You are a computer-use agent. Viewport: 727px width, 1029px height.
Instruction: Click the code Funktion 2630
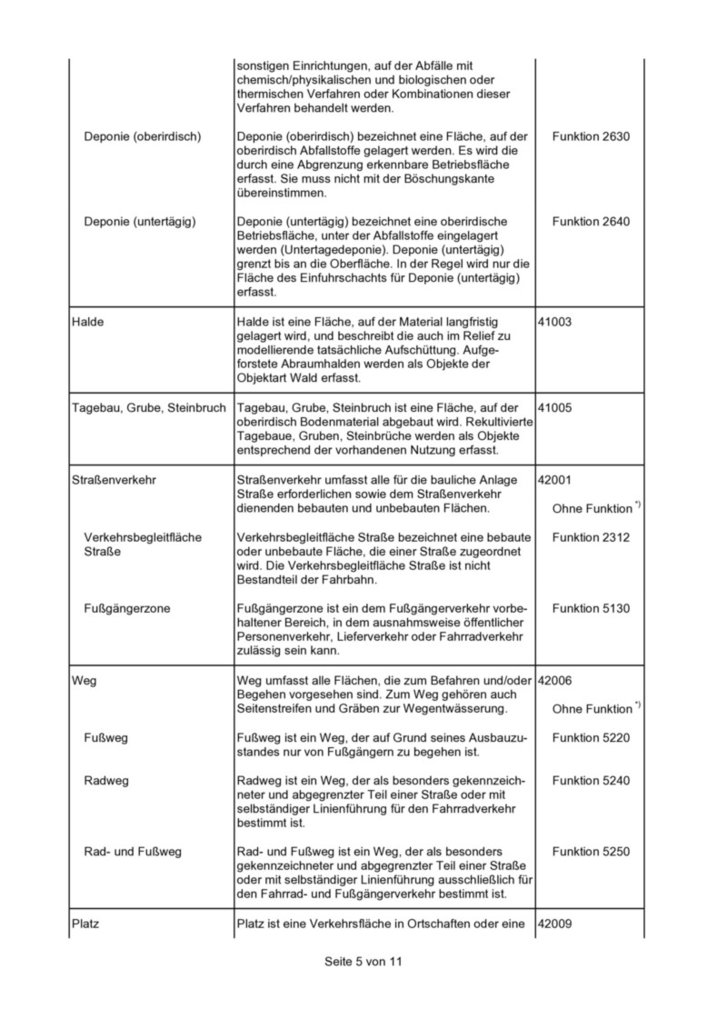click(x=591, y=136)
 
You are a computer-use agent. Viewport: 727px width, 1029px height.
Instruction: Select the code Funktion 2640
click(x=591, y=222)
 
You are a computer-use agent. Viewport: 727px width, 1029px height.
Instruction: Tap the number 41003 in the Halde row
click(x=555, y=322)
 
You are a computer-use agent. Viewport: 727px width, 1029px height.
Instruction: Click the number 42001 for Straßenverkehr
click(x=555, y=478)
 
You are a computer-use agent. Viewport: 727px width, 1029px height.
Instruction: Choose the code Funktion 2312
click(x=591, y=537)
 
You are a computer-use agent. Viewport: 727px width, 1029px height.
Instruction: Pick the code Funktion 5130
click(x=591, y=608)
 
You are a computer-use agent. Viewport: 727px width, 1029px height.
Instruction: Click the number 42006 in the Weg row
click(x=555, y=679)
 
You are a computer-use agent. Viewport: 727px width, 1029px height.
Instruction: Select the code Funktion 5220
click(x=591, y=738)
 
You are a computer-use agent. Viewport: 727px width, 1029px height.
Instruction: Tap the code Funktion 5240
click(x=591, y=781)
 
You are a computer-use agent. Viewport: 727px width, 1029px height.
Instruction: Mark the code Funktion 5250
click(x=591, y=852)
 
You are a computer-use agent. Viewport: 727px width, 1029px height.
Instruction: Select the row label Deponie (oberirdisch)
click(x=142, y=136)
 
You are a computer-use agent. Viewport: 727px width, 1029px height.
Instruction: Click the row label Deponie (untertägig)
click(x=140, y=222)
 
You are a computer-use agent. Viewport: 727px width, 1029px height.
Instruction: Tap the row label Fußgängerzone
click(x=127, y=608)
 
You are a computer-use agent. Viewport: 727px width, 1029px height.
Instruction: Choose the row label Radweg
click(x=106, y=781)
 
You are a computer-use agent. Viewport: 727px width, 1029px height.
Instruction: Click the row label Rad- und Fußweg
click(x=133, y=852)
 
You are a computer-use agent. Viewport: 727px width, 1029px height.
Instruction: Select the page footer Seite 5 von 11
click(x=362, y=961)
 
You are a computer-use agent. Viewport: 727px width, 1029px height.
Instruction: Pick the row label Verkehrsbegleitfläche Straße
click(x=143, y=544)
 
